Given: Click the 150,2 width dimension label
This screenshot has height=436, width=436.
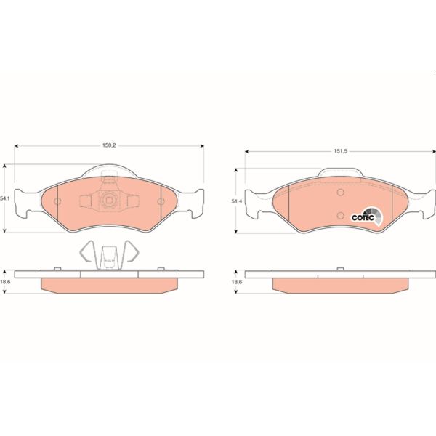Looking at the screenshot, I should coord(109,145).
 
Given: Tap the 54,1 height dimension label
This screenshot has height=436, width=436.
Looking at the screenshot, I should coord(5,198).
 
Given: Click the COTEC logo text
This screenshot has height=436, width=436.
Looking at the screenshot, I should coord(363,217).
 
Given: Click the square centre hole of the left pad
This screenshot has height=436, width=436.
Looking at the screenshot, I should coord(108,201).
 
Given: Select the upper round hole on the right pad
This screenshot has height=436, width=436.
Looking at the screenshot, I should coord(340,192).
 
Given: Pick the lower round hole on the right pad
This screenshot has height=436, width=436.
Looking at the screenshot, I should coord(340,214).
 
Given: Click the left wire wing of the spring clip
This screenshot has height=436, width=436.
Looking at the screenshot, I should coord(87,251).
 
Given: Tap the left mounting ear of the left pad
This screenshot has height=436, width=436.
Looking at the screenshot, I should coord(25,203).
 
